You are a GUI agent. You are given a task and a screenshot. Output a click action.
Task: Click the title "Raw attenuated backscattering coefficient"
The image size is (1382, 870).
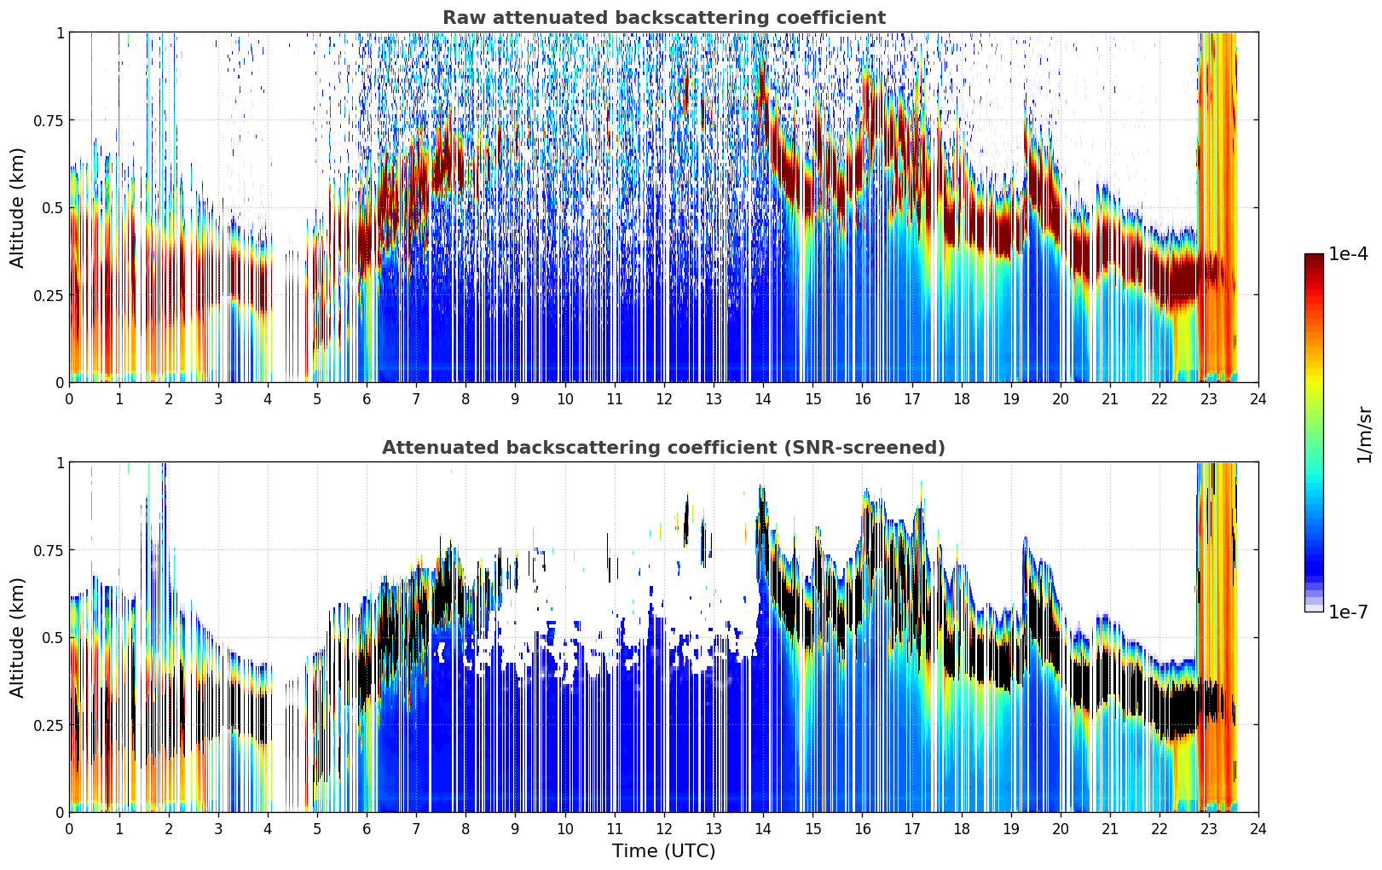pyautogui.click(x=664, y=17)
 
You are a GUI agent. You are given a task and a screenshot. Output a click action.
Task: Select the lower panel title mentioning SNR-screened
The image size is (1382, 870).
pyautogui.click(x=664, y=447)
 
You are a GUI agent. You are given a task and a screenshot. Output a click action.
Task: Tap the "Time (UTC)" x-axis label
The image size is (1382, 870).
pyautogui.click(x=664, y=851)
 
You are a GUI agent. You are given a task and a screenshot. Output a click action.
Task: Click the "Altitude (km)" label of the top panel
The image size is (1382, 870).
pyautogui.click(x=17, y=208)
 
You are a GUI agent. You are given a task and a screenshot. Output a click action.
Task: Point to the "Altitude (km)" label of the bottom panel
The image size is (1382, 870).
pyautogui.click(x=17, y=638)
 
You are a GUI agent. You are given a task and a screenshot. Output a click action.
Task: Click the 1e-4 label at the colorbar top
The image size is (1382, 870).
pyautogui.click(x=1347, y=254)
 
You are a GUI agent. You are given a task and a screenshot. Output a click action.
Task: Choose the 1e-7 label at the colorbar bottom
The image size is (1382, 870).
pyautogui.click(x=1347, y=612)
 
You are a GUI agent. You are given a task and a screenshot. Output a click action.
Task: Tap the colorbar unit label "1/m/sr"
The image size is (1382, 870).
pyautogui.click(x=1364, y=434)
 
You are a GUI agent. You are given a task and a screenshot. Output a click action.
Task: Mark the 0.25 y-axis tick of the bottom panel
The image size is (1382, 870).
pyautogui.click(x=49, y=726)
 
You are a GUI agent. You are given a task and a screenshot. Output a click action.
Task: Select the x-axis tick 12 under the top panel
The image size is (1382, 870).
pyautogui.click(x=664, y=399)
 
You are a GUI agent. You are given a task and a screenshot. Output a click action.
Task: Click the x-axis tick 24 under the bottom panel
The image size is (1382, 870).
pyautogui.click(x=1258, y=829)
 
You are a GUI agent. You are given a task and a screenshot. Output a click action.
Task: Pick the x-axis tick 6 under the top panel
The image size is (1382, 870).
pyautogui.click(x=367, y=399)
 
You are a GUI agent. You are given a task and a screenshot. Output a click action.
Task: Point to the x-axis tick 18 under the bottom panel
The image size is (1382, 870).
pyautogui.click(x=961, y=829)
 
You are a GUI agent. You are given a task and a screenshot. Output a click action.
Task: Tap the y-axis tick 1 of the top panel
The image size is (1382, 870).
pyautogui.click(x=61, y=33)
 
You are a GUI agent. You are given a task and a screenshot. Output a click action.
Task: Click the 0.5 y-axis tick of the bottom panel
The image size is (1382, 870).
pyautogui.click(x=53, y=638)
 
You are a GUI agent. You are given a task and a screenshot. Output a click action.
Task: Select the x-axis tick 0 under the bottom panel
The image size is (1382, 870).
pyautogui.click(x=69, y=829)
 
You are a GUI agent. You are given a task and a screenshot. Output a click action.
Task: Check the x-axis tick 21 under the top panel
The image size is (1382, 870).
pyautogui.click(x=1110, y=399)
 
